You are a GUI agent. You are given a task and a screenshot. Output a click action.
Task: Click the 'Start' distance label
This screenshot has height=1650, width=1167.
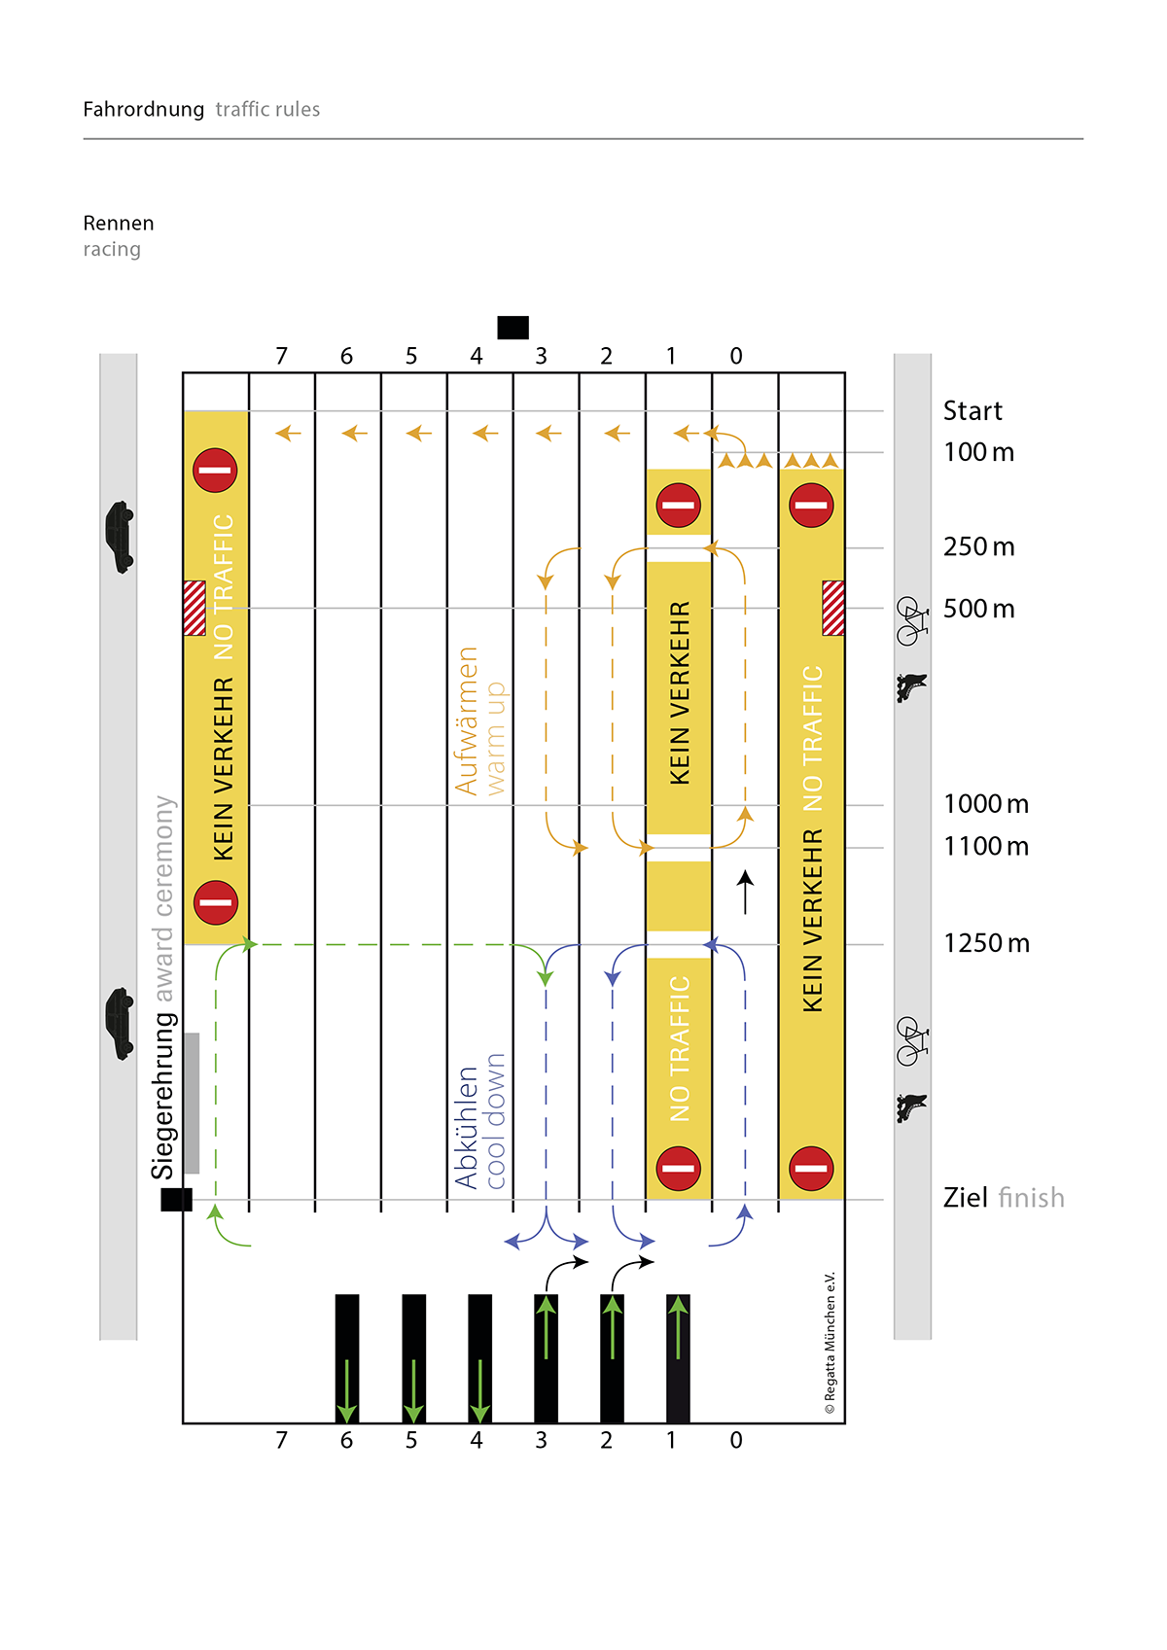click(972, 411)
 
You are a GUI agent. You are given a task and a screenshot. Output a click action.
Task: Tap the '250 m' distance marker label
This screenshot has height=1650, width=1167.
click(978, 547)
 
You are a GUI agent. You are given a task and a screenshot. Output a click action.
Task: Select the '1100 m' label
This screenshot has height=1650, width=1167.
click(985, 847)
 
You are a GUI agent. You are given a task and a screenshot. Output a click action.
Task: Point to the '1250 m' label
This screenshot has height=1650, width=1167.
click(986, 944)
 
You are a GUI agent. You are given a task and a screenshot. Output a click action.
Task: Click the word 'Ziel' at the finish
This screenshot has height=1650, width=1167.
click(965, 1198)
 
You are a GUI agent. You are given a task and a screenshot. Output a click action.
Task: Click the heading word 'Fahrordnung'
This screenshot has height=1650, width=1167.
click(143, 110)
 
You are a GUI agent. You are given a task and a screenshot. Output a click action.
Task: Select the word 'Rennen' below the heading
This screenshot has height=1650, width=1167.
click(118, 224)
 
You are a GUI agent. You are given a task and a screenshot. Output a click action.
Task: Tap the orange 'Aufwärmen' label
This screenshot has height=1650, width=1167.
click(467, 721)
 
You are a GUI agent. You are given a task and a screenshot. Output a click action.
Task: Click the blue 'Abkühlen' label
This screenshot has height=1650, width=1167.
click(467, 1128)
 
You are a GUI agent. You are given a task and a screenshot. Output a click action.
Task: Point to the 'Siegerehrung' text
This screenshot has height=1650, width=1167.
click(163, 1096)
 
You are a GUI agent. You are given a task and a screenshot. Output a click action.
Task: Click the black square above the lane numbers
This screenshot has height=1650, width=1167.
click(513, 328)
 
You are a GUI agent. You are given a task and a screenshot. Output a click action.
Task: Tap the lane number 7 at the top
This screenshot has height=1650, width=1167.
click(281, 357)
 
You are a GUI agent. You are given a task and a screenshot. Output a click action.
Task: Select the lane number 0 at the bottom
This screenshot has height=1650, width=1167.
click(736, 1440)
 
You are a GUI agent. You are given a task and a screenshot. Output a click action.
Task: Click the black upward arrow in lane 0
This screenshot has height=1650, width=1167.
click(745, 892)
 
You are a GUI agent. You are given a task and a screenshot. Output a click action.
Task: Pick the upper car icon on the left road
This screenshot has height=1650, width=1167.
click(120, 537)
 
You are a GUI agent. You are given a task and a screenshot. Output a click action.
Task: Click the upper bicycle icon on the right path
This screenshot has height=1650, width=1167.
click(911, 621)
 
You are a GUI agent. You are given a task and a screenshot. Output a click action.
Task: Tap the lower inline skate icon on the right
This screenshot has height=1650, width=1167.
click(911, 1106)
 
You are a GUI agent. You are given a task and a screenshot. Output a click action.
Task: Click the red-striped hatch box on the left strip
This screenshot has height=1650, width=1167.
click(194, 608)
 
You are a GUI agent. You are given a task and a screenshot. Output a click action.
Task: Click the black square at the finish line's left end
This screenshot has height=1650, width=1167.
click(176, 1200)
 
